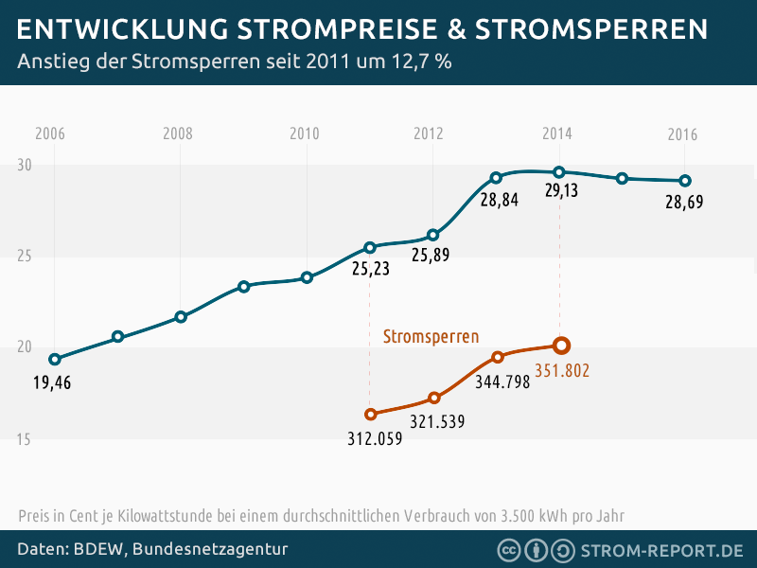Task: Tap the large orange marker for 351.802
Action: pos(560,346)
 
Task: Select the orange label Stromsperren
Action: pos(431,336)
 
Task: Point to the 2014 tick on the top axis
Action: pos(557,133)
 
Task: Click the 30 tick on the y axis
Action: pos(24,165)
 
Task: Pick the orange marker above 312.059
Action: pos(370,414)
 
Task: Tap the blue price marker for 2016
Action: pos(686,181)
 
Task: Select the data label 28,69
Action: pos(684,203)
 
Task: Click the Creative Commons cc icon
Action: pos(508,550)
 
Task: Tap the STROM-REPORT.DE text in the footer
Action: pos(661,550)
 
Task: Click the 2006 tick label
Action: pos(50,133)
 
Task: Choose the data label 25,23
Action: pos(371,269)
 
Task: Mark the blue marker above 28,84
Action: pos(496,178)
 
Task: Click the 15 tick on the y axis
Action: pos(24,439)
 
